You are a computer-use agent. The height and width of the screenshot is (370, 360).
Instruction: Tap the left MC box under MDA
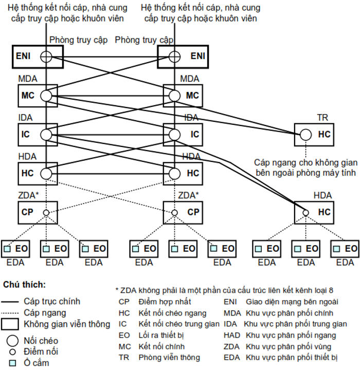pyautogui.click(x=38, y=96)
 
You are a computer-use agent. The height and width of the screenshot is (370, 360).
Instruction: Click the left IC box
pyautogui.click(x=38, y=135)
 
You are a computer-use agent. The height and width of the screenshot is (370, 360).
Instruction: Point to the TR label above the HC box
pyautogui.click(x=322, y=118)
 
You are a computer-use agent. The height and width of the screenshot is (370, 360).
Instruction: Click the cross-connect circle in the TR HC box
pyautogui.click(x=306, y=135)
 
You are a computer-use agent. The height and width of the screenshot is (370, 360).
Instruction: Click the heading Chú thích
pyautogui.click(x=24, y=284)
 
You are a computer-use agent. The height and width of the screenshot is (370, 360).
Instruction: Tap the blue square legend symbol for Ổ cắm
pyautogui.click(x=11, y=363)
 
